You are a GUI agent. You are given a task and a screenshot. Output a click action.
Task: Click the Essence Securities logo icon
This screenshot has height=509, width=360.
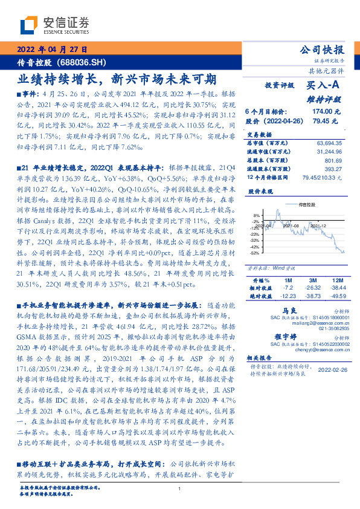pyautogui.click(x=29, y=25)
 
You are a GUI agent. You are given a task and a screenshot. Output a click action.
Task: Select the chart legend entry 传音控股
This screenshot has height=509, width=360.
pyautogui.click(x=307, y=206)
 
